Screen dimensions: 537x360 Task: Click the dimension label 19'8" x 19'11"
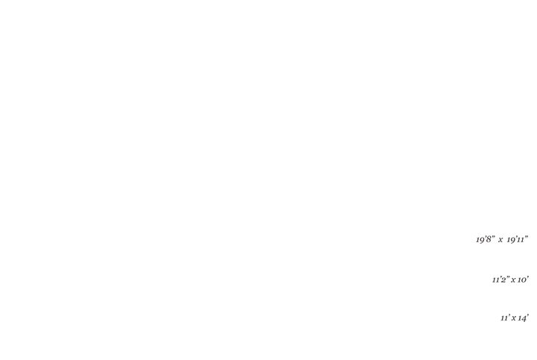[x=502, y=239]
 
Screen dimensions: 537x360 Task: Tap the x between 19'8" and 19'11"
[x=500, y=240]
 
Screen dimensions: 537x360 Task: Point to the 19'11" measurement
[x=518, y=239]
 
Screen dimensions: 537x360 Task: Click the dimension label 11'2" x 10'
[x=511, y=280]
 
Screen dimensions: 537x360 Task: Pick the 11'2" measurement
[x=501, y=280]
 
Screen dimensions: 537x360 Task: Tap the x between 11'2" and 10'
[x=513, y=280]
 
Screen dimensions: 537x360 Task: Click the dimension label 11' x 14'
[x=515, y=318]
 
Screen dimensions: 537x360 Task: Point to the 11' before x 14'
[x=505, y=318]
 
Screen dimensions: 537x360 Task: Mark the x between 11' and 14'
[x=514, y=318]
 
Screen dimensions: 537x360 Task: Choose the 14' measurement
[x=524, y=318]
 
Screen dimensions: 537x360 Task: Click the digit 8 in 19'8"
[x=489, y=239]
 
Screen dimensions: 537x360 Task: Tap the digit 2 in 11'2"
[x=503, y=280]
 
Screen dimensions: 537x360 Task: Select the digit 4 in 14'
[x=524, y=318]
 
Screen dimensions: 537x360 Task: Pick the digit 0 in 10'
[x=524, y=280]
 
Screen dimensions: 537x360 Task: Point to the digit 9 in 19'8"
[x=482, y=240]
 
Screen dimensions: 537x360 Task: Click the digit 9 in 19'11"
[x=512, y=240]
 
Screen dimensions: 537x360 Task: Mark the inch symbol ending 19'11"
[x=527, y=236]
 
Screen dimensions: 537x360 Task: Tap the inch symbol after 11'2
[x=508, y=277]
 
